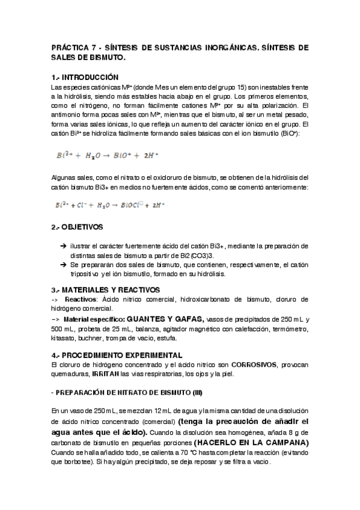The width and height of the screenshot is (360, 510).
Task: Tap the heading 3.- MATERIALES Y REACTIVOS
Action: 106,289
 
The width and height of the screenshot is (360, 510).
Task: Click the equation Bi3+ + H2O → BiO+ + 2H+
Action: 108,155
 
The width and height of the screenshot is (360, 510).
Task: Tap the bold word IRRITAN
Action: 106,375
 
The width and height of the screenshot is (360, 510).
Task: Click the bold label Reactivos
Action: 81,300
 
